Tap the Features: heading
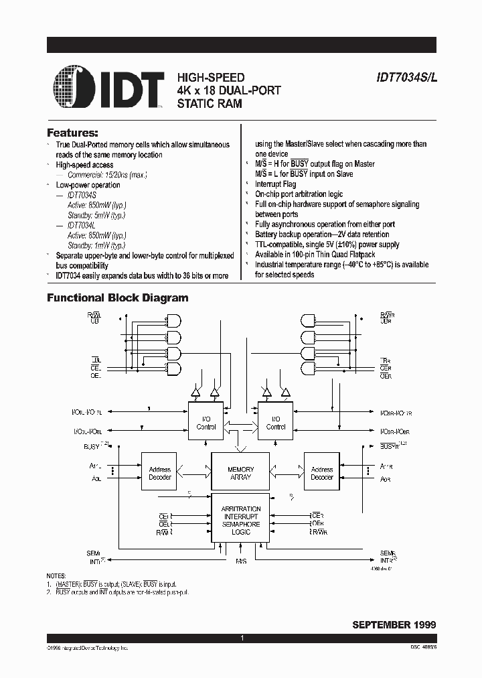point(72,133)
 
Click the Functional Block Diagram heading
point(117,297)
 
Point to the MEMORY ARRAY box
point(240,473)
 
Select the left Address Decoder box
point(159,473)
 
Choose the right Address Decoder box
point(322,473)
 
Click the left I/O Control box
point(206,422)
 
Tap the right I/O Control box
point(276,422)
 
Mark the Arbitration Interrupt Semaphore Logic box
point(240,521)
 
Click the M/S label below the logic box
point(241,561)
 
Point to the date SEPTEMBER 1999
point(394,624)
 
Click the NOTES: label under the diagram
point(56,576)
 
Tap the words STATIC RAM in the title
point(210,103)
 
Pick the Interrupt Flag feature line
point(275,184)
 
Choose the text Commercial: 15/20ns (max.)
point(106,175)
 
